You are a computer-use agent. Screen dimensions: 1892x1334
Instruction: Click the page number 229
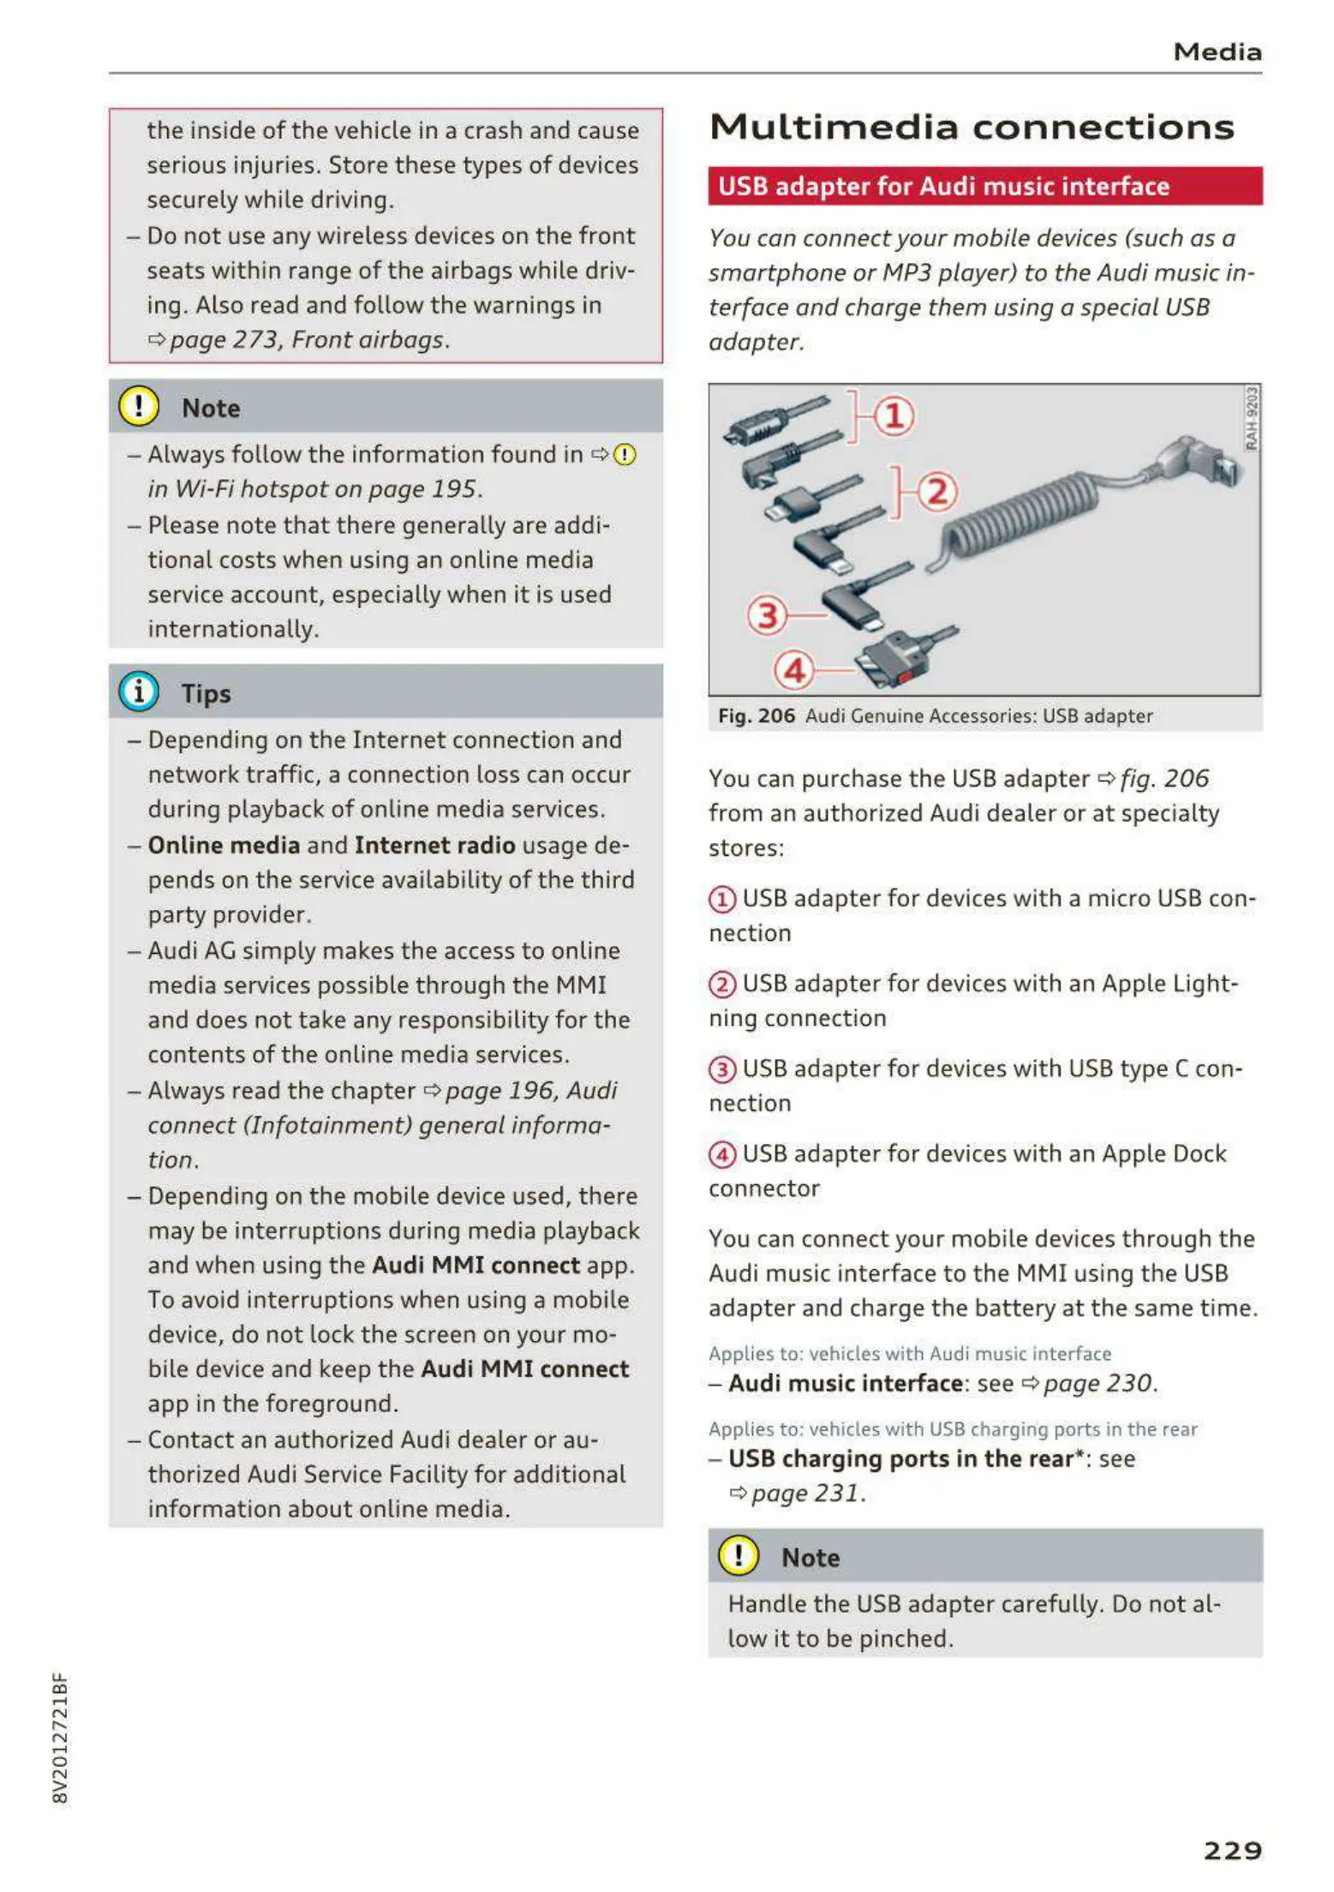coord(1232,1851)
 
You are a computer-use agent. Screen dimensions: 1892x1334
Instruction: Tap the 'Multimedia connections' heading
coord(972,128)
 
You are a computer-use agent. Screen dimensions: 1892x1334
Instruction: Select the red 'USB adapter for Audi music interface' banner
coord(984,186)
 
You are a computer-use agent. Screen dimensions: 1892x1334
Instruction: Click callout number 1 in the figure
coord(894,417)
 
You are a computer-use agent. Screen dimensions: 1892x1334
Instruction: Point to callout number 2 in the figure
coord(937,493)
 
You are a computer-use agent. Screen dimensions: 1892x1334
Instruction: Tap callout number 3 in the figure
coord(767,615)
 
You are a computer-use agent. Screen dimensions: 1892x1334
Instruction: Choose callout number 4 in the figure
coord(794,670)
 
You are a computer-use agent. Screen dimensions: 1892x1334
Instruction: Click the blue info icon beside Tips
coord(139,692)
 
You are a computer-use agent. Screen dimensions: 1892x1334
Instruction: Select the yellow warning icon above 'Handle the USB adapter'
coord(738,1555)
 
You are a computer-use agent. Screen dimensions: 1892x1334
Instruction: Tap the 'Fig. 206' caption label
coord(756,715)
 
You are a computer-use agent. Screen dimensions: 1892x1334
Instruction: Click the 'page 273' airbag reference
coord(225,340)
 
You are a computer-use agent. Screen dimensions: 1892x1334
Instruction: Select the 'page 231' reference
coord(805,1494)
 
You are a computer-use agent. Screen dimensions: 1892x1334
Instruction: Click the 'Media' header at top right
coord(1217,52)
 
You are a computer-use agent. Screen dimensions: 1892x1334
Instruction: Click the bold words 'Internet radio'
coord(434,846)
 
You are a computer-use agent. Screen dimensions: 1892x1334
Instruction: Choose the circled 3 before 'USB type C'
coord(722,1069)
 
